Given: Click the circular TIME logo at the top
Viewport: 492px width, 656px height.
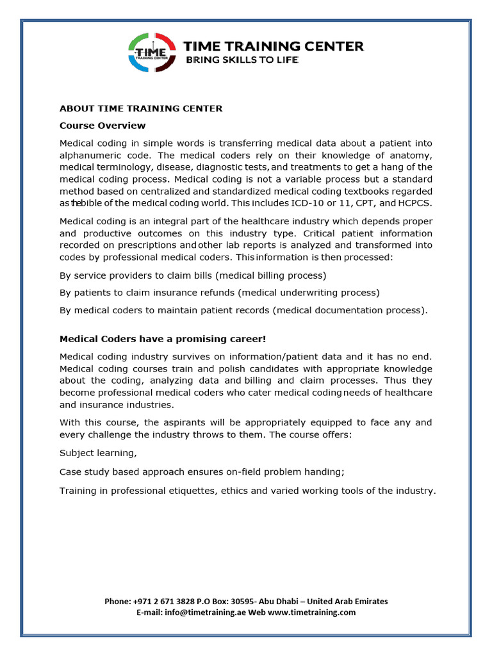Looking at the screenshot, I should (152, 53).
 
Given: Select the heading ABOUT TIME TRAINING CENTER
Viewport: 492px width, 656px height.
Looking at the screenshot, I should (141, 108).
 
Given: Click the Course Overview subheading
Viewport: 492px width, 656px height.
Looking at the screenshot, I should (102, 126).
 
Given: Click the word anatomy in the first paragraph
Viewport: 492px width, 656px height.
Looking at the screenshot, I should (410, 155).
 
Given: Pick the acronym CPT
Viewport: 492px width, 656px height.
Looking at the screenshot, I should (365, 203).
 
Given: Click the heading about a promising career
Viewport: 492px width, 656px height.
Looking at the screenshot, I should (163, 339).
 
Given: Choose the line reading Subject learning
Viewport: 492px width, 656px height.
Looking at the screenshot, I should (98, 452).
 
